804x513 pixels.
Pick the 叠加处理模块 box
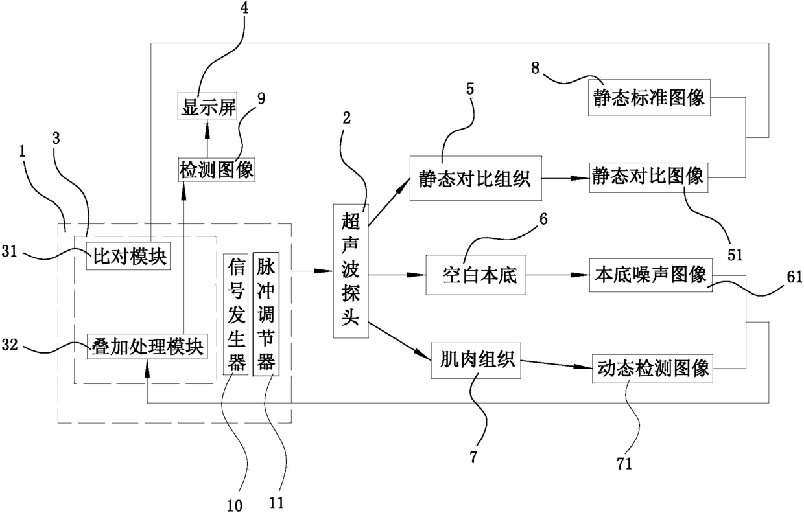pos(146,347)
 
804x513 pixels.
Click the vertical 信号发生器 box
pos(235,313)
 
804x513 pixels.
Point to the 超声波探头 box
pos(351,270)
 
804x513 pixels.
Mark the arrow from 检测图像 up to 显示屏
pos(207,138)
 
